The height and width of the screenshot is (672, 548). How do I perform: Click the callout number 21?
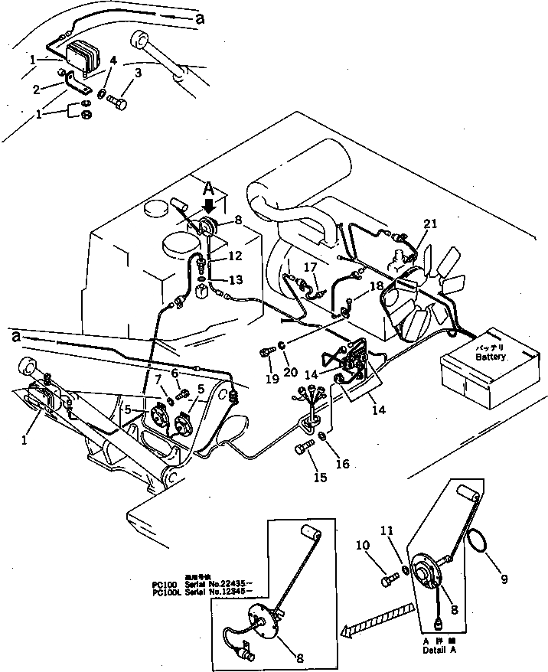click(x=431, y=223)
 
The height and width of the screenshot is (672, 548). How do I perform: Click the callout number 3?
click(x=138, y=73)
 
